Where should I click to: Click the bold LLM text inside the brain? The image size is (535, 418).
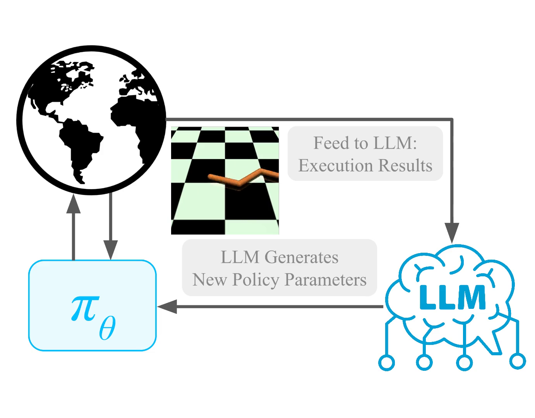(x=452, y=297)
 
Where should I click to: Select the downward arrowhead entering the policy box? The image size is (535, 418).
(x=110, y=250)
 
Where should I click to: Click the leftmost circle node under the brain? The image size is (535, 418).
(x=386, y=363)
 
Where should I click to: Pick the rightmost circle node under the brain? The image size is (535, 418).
(x=517, y=361)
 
